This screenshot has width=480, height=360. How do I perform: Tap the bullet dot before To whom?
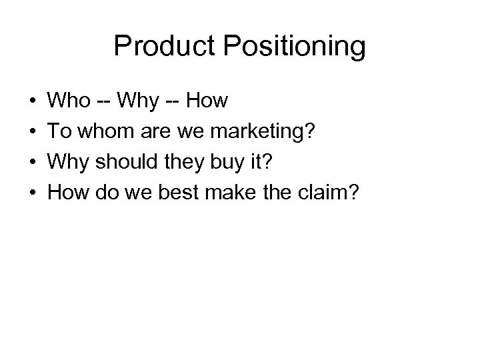pyautogui.click(x=33, y=133)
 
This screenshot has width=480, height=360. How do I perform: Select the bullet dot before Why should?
pyautogui.click(x=33, y=163)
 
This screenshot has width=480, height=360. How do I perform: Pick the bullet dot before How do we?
pyautogui.click(x=33, y=193)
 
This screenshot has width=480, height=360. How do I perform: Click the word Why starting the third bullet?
pyautogui.click(x=71, y=163)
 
